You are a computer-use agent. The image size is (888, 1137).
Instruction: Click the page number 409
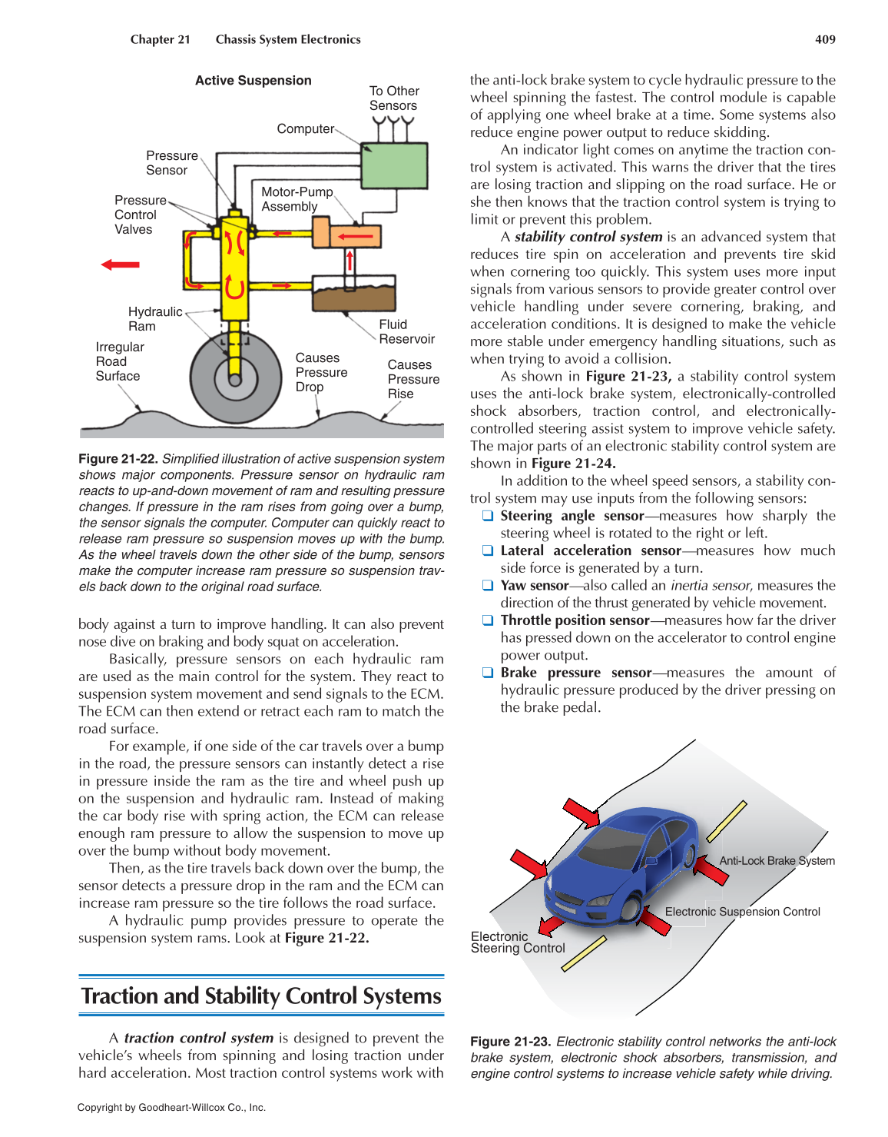pos(825,39)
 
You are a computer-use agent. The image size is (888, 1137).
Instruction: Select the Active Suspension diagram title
pos(253,80)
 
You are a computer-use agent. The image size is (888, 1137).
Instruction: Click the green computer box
pos(393,166)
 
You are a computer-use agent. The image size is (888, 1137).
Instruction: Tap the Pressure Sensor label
pos(171,162)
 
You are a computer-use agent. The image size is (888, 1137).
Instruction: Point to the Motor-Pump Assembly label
pos(297,199)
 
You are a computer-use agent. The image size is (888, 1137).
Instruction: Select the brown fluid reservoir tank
pos(353,295)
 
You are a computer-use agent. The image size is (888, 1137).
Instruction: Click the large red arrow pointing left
pos(121,264)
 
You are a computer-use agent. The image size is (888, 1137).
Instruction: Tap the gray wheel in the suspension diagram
pos(234,377)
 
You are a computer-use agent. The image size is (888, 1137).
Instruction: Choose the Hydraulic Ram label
pos(154,318)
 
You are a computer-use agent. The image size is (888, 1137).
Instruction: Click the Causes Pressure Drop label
pos(321,372)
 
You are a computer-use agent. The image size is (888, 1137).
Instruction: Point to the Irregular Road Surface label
pos(118,361)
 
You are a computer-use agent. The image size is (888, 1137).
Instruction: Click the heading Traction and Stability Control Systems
pos(261,996)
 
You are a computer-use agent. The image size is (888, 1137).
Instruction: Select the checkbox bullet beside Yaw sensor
pos(487,585)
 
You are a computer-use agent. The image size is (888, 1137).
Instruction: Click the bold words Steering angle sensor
pos(572,516)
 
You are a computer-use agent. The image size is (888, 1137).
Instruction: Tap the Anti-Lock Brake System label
pos(777,861)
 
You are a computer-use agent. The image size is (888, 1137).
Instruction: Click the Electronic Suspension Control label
pos(742,912)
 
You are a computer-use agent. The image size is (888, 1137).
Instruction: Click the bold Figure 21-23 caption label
pos(510,1042)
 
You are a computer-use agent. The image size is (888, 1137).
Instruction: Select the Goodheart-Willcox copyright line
pos(171,1108)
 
